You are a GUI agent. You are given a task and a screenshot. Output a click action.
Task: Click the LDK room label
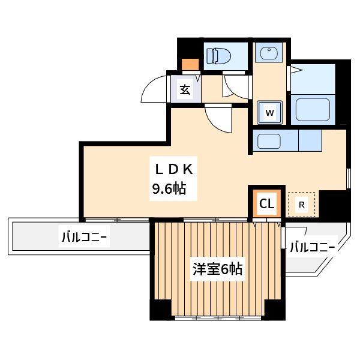174,168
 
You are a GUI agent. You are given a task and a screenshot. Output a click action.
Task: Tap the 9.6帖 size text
168,190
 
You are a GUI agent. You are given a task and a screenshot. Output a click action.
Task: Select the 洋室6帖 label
217,269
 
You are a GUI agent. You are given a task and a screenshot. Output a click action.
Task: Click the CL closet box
266,205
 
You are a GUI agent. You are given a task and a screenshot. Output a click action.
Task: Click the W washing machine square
270,112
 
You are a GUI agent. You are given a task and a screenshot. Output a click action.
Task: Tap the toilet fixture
220,56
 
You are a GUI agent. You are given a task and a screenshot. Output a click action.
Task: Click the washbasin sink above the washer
268,55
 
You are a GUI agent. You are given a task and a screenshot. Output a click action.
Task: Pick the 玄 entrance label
185,91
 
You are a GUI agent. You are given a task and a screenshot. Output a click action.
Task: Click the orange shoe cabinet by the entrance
190,64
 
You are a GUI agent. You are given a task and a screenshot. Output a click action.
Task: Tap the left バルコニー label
84,237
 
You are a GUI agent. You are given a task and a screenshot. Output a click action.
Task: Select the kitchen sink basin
269,142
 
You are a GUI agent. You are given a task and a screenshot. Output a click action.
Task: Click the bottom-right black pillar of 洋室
275,309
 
